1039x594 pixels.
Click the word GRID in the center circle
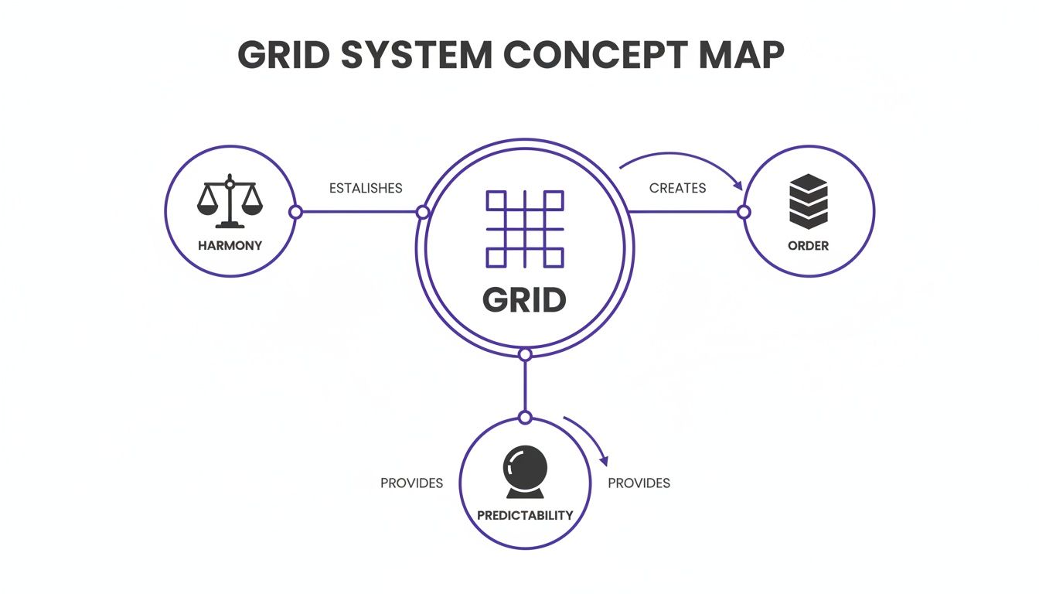[524, 300]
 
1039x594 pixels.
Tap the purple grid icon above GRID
[524, 229]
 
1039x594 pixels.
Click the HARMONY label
[230, 246]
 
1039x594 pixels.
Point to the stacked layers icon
[809, 202]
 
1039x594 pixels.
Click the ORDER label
[809, 246]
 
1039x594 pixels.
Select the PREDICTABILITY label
[525, 515]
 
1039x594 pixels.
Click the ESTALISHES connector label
[366, 188]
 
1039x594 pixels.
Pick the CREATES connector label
[677, 188]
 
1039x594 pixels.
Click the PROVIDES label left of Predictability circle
[411, 483]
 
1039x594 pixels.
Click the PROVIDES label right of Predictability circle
[639, 483]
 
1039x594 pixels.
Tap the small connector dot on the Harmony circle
[295, 212]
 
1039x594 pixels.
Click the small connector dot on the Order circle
[744, 212]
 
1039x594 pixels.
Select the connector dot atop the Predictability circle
[525, 418]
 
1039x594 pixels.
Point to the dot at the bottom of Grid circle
[525, 355]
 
